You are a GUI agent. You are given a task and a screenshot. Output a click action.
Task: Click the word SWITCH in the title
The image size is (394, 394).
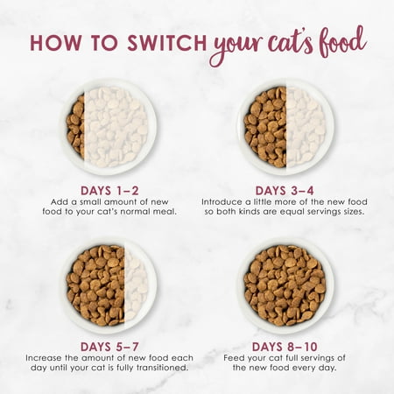tap(167, 43)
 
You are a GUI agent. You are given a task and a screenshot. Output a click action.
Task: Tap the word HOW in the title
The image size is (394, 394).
tap(55, 43)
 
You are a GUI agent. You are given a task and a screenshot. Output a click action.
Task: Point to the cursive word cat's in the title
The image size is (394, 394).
tap(290, 44)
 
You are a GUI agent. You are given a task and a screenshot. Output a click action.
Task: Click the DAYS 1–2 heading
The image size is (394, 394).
tap(109, 191)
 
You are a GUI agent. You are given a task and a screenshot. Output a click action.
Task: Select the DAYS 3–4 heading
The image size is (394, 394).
tap(285, 191)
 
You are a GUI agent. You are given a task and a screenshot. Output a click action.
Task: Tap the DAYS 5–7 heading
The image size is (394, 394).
tap(109, 347)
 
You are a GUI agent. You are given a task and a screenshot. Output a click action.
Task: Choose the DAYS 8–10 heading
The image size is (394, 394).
tap(285, 347)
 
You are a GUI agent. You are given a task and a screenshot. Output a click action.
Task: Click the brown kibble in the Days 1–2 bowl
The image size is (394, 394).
tap(75, 126)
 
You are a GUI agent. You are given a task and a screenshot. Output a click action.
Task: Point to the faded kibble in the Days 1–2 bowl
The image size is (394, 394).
tap(116, 127)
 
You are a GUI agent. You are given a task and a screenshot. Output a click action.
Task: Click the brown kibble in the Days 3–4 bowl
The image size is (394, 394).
tap(265, 127)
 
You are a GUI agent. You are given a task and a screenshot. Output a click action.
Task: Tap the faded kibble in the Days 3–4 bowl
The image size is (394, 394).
tap(306, 127)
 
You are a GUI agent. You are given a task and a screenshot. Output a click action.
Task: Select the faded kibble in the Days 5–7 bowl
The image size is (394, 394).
tap(137, 285)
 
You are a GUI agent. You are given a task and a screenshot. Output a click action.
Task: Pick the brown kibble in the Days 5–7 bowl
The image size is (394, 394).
tap(95, 285)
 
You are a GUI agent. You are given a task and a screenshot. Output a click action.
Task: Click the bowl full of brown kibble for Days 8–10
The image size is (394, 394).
tap(285, 285)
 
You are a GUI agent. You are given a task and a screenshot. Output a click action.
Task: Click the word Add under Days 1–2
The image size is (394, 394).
tap(57, 202)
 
